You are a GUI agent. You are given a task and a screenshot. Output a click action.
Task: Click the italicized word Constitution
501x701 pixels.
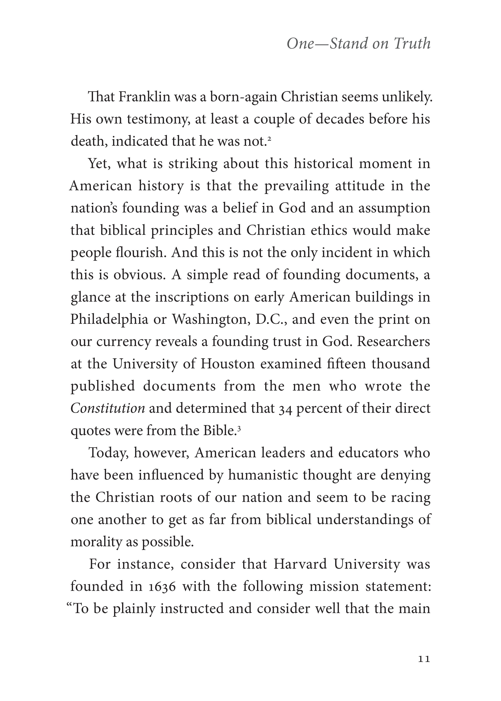click(x=108, y=408)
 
